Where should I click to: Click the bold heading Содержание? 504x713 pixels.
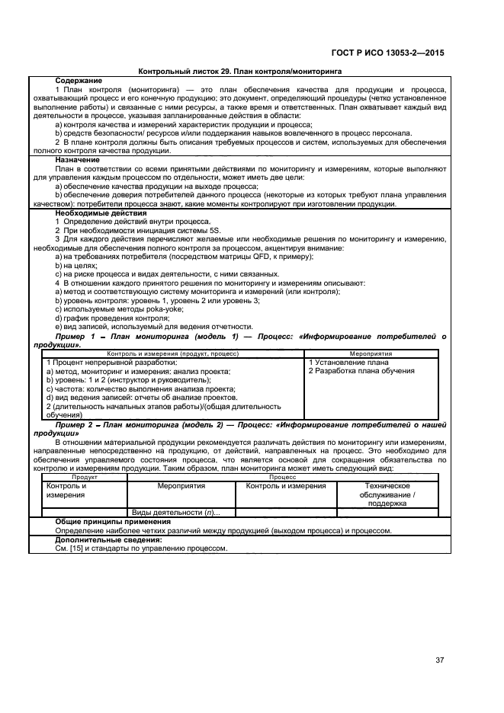pyautogui.click(x=79, y=80)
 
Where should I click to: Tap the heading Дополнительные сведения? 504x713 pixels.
pyautogui.click(x=104, y=539)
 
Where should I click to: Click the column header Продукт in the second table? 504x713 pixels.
pyautogui.click(x=85, y=477)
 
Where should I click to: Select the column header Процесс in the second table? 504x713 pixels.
pyautogui.click(x=282, y=477)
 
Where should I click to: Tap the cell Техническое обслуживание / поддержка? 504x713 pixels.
pyautogui.click(x=387, y=494)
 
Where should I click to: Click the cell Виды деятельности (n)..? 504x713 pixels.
pyautogui.click(x=171, y=513)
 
